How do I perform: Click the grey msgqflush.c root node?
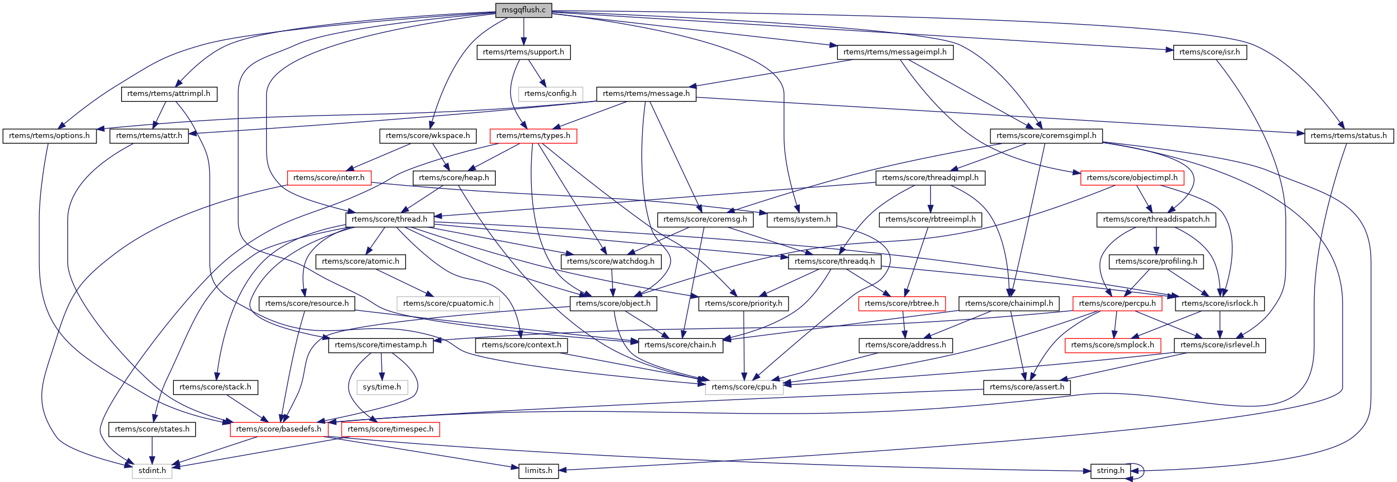pos(523,10)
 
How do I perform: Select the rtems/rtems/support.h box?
pos(523,52)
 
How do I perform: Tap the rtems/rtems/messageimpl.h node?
pos(895,52)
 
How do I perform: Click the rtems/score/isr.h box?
pos(1209,52)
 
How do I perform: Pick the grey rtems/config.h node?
pos(550,94)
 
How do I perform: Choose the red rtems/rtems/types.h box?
pos(533,136)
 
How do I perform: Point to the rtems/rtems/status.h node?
pos(1348,136)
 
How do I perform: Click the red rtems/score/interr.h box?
pos(329,178)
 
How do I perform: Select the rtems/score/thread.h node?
pos(389,219)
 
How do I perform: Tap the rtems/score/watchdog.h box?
pos(610,261)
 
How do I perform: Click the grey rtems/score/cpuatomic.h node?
pos(448,304)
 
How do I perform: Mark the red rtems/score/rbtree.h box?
pos(901,304)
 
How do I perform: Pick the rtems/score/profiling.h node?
pos(1156,261)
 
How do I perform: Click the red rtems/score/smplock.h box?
pos(1112,345)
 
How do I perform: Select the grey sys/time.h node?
pos(381,387)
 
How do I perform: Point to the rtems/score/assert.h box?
pos(1026,387)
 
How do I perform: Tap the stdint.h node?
pos(152,471)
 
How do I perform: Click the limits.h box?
pos(538,471)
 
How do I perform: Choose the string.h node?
pos(1110,471)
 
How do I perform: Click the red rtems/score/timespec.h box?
pos(390,429)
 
